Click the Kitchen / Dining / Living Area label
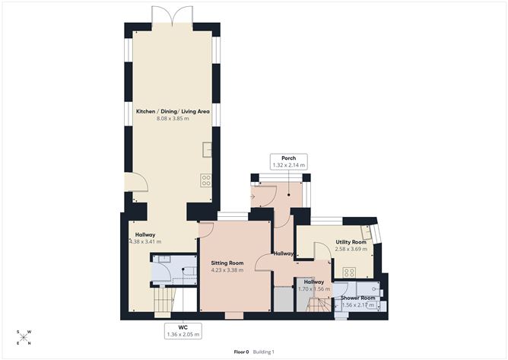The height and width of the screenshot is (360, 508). pos(173,111)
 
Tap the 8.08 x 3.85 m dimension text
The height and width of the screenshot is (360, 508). pos(173,119)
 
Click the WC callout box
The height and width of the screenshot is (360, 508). pos(183,331)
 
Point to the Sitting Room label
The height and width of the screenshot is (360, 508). pos(227,263)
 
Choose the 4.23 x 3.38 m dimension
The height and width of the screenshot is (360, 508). pos(227,270)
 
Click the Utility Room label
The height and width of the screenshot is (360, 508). pos(351,242)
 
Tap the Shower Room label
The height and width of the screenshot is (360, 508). pos(358,298)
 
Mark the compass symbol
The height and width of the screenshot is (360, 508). pos(24,338)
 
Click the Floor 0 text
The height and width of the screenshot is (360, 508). pos(241,352)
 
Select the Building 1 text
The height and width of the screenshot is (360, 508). pos(263,352)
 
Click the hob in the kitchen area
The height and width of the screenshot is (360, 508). pos(206,180)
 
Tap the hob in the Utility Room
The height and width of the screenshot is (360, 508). pos(350,272)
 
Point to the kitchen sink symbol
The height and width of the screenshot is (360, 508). pos(208,149)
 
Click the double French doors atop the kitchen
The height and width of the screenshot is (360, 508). pos(173,15)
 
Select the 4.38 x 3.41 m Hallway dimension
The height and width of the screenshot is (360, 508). pos(145,241)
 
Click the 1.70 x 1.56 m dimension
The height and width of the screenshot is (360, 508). pos(314,289)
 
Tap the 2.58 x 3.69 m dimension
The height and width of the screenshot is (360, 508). pos(351,249)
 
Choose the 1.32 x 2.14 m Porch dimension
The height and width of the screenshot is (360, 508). pos(289,165)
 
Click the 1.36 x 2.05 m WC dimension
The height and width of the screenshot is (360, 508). pos(183,334)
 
